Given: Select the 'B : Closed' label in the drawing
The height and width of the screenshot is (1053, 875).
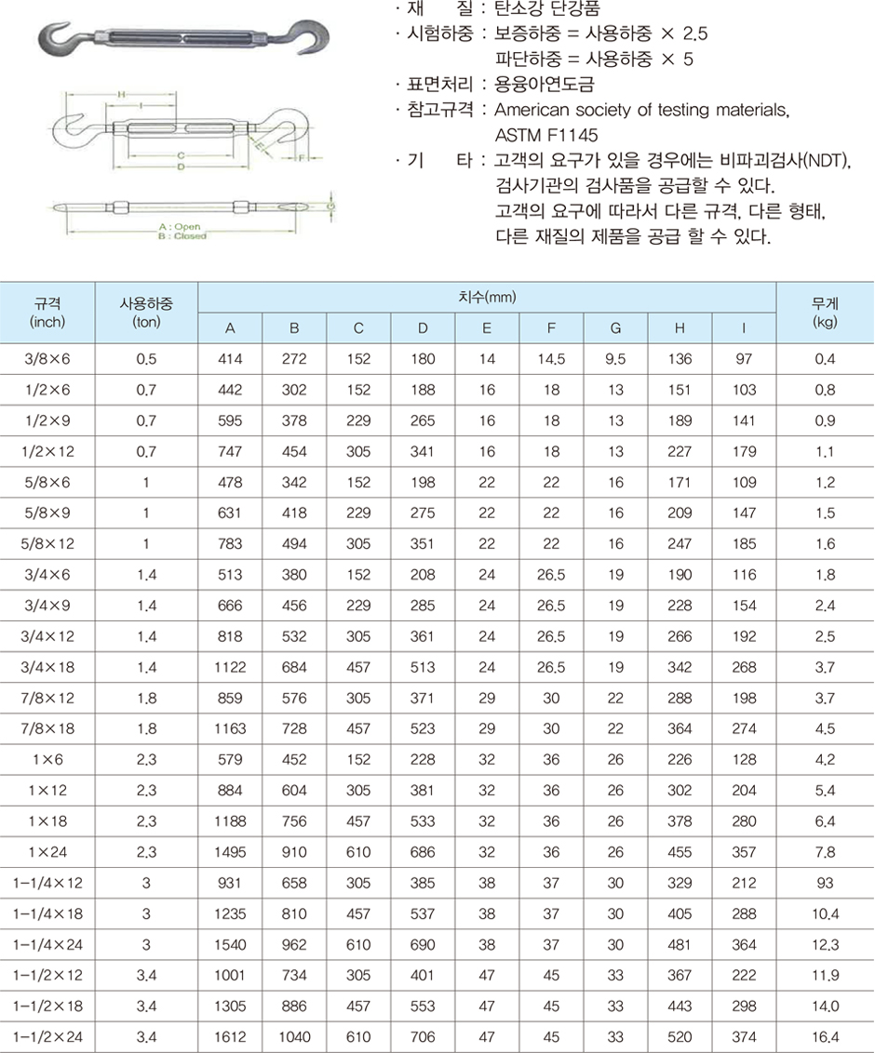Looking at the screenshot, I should tap(182, 236).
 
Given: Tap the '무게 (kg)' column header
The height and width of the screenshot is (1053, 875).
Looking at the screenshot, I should tap(824, 313).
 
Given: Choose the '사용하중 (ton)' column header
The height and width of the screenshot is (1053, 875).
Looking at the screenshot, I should tap(146, 313).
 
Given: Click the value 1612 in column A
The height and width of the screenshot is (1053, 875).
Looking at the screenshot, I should tap(230, 1035).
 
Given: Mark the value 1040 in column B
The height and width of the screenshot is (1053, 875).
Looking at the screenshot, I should tap(294, 1035).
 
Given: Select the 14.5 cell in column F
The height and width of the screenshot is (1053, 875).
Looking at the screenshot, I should tap(551, 359).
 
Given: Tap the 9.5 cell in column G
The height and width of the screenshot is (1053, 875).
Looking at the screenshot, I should tap(615, 359).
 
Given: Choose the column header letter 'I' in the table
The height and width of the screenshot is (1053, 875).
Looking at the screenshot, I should tap(744, 327).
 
